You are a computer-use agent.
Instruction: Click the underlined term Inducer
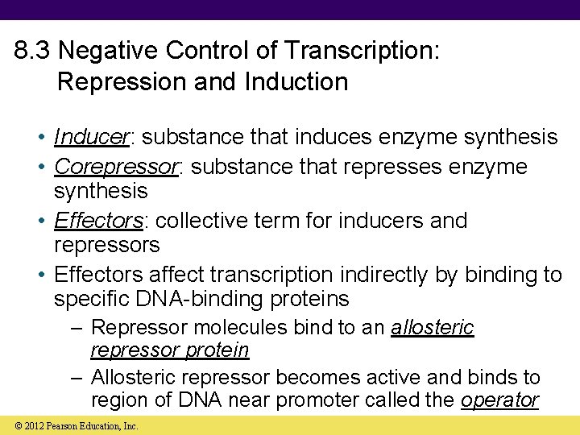91,138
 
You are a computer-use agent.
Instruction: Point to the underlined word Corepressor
114,167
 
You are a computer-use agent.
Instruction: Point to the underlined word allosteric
433,328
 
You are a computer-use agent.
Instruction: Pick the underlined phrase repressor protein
170,350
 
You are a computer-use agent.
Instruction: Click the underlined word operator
499,400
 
